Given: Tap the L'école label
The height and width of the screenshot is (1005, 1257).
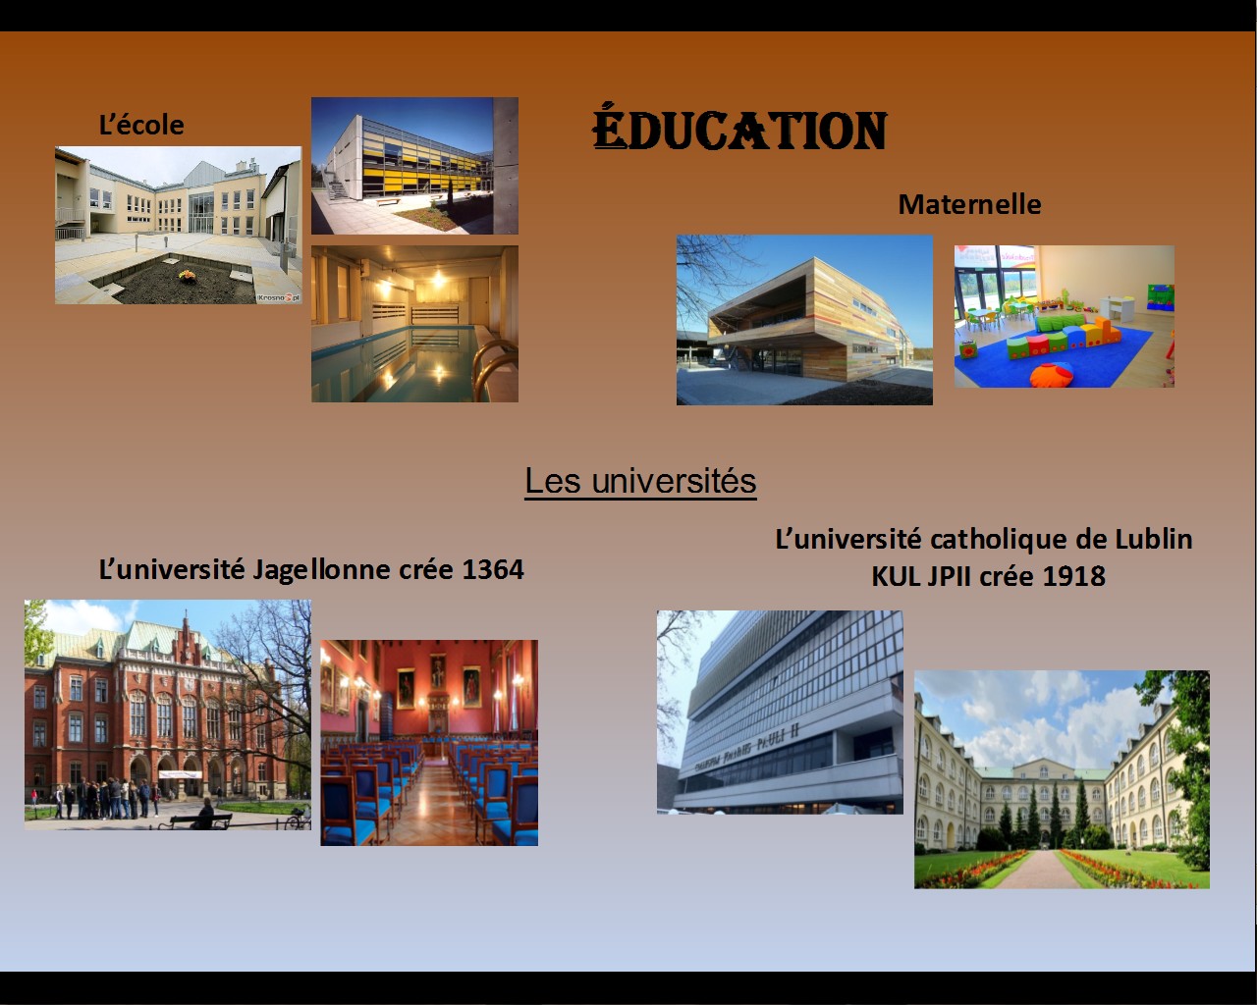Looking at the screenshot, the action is (141, 125).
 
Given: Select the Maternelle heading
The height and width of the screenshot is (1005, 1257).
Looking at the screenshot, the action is (969, 204).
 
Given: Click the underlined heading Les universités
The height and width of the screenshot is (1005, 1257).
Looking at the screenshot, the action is (640, 481).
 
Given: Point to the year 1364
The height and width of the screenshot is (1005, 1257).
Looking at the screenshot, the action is (493, 570).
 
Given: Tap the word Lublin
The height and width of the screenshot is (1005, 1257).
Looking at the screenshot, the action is (1154, 539).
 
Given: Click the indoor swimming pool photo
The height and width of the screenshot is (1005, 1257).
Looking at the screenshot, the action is (414, 324).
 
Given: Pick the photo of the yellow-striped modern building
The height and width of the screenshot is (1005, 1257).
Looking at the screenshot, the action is (414, 166).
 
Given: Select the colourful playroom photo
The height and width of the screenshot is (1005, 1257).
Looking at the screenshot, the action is (1065, 316).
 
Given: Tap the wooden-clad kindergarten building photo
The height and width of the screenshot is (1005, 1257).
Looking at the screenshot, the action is (804, 320).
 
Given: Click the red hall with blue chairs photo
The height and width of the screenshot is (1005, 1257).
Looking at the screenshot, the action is (429, 743).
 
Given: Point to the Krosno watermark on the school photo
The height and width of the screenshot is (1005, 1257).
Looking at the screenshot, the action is (279, 297).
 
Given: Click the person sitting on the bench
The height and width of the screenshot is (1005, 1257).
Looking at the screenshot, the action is (204, 813).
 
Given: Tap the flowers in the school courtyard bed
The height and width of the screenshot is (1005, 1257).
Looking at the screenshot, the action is (187, 275).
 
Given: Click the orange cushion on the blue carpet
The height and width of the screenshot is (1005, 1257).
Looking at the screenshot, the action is (1052, 374).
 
